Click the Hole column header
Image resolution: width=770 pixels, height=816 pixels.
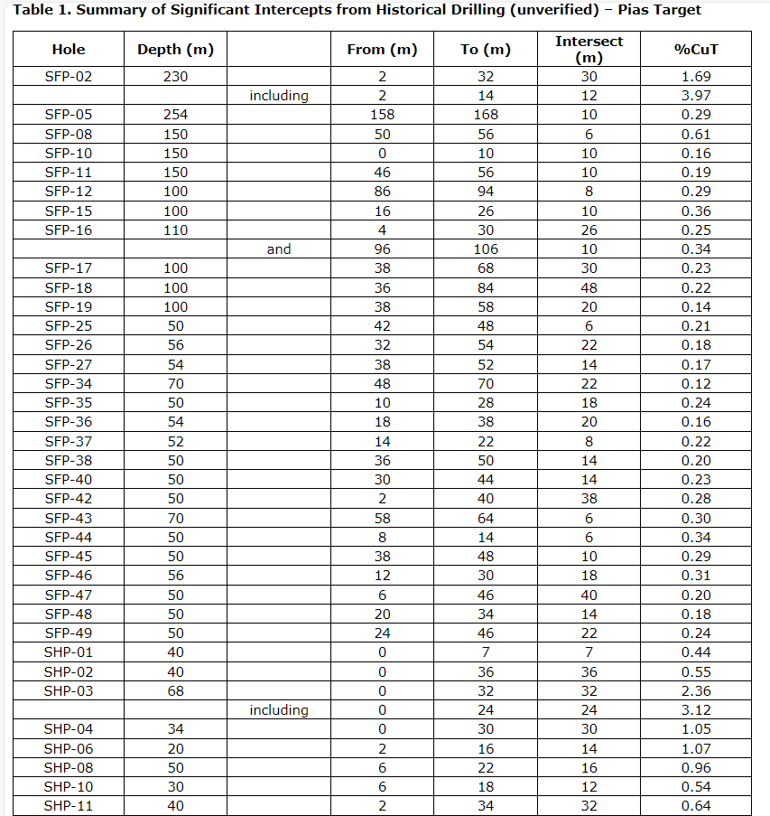[x=69, y=50]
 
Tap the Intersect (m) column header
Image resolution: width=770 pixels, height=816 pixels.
[x=589, y=50]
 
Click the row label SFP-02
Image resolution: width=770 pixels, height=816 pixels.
[x=69, y=77]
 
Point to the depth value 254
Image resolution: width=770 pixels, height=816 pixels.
[x=175, y=115]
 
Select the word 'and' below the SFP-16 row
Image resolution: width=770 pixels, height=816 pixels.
[x=279, y=249]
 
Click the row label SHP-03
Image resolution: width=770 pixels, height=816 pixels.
[x=69, y=691]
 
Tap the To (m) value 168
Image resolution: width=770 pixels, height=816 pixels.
[x=486, y=115]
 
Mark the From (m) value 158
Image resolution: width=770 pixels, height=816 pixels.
[x=382, y=115]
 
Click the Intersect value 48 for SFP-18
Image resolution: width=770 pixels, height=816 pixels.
[x=589, y=287]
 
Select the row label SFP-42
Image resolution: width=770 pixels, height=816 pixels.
[x=69, y=499]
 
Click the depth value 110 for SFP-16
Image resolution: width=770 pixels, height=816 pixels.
[x=175, y=230]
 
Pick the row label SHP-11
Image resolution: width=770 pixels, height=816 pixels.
[x=69, y=806]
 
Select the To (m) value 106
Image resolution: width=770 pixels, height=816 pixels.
[x=486, y=249]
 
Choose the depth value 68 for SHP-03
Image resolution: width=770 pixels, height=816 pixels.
[x=175, y=691]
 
